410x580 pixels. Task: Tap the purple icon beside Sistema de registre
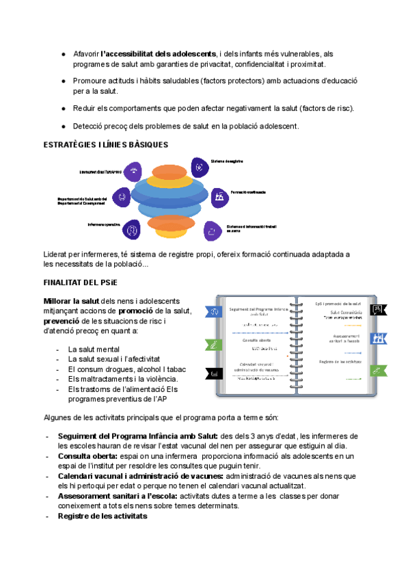198,166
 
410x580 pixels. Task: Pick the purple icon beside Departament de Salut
122,196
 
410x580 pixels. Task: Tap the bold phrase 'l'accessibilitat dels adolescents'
158,54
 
